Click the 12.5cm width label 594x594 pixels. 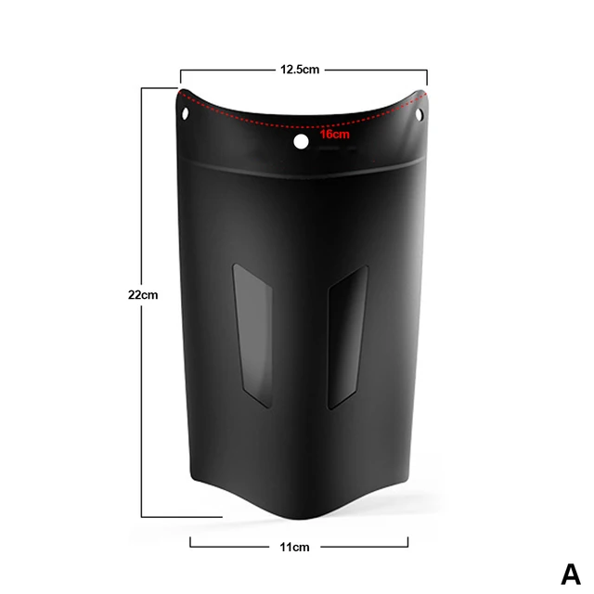click(x=300, y=69)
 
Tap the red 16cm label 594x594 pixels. click(x=334, y=135)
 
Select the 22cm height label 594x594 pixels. click(x=144, y=294)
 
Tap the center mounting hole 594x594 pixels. click(x=301, y=142)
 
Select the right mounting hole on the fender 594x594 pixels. click(x=420, y=115)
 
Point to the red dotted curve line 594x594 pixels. click(x=278, y=119)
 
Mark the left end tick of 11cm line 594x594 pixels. click(x=190, y=543)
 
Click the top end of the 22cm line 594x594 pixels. click(x=142, y=88)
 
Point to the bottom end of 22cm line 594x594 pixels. click(x=142, y=516)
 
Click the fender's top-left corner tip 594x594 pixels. click(x=179, y=92)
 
